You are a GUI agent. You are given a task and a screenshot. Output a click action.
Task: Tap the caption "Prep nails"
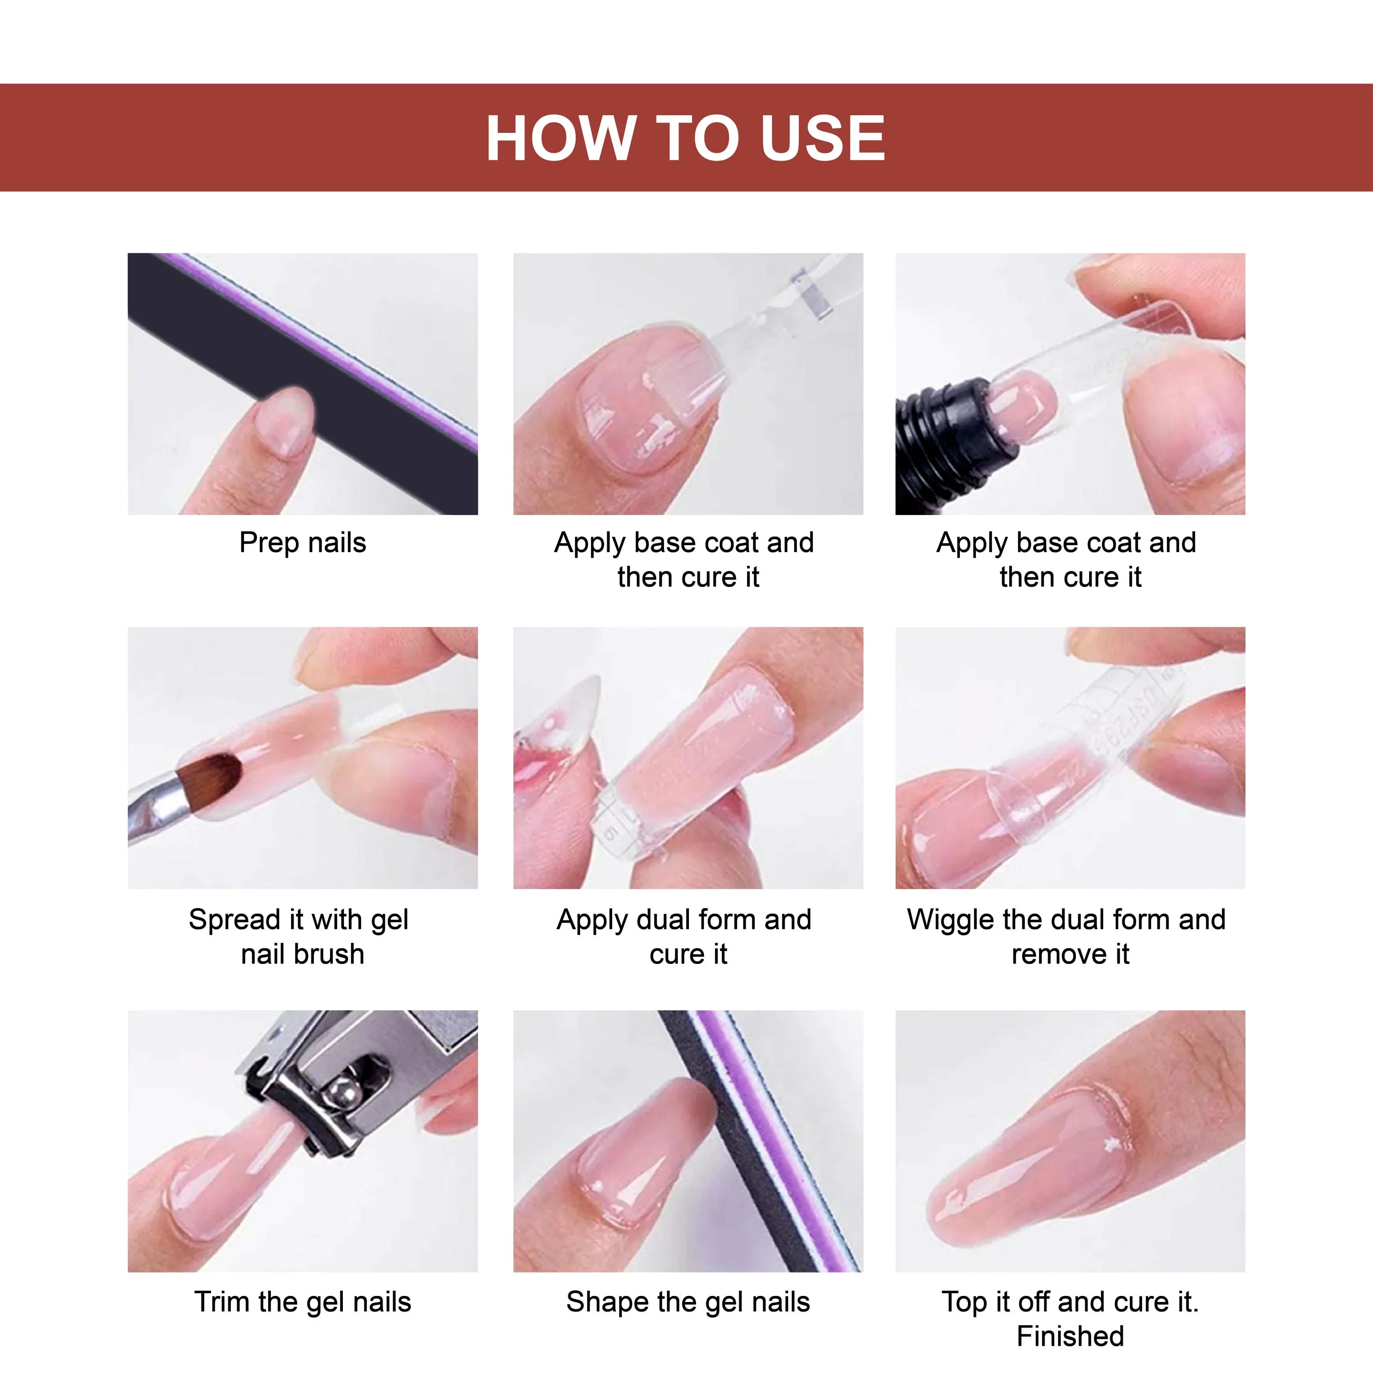point(303,543)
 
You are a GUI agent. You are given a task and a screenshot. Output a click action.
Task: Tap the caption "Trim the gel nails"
point(303,1302)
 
